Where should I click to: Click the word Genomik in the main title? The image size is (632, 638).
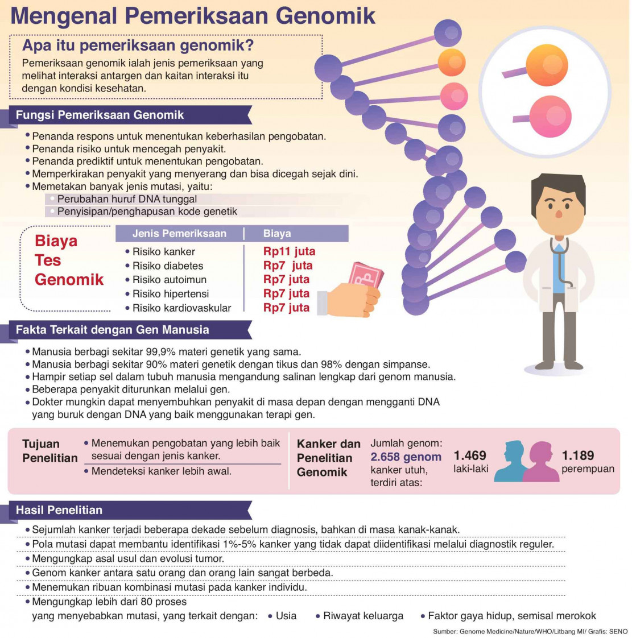point(325,15)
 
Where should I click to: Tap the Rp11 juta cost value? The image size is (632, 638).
point(289,251)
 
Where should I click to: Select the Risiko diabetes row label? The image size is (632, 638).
point(168,266)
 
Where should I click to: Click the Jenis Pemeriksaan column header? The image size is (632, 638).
point(179,233)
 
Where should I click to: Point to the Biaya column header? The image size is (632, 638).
point(277,233)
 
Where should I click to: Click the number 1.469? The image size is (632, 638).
point(470,455)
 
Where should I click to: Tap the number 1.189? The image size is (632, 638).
point(578,455)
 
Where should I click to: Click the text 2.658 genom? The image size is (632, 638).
point(406,457)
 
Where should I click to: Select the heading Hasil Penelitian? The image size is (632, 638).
point(59,510)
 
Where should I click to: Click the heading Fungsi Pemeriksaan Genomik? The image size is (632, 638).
point(100,115)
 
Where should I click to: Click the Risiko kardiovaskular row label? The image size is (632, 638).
point(182,308)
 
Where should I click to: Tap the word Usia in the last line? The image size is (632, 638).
point(286,616)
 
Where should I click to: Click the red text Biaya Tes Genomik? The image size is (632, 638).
point(69,260)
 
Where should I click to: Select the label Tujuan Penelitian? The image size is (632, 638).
point(49,451)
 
